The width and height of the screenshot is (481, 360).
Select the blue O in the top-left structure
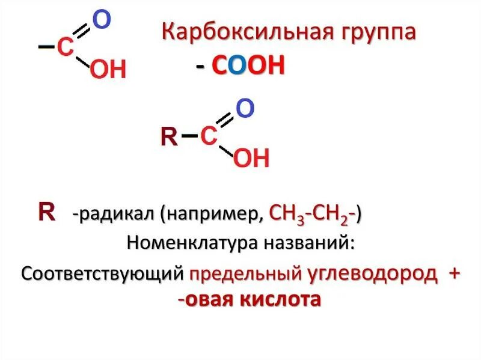[x=102, y=20]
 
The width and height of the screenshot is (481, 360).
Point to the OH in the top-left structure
[x=108, y=70]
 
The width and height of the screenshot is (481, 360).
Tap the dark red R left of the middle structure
[x=169, y=138]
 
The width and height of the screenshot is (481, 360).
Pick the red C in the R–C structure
[x=208, y=136]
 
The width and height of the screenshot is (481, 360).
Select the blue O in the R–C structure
[x=245, y=109]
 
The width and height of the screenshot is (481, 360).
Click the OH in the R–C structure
[x=251, y=159]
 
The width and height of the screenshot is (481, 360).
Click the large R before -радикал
[x=46, y=212]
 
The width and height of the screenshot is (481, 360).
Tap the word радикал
[x=115, y=214]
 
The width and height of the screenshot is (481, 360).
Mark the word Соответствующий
[x=102, y=273]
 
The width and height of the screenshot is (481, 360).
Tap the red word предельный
[x=245, y=274]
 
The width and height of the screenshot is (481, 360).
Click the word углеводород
[x=372, y=273]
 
